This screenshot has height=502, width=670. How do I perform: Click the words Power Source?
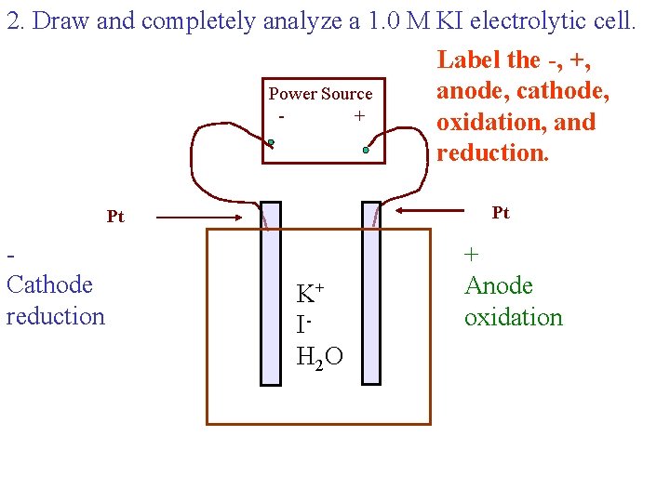pyautogui.click(x=320, y=94)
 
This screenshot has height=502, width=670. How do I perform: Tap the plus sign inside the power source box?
pyautogui.click(x=359, y=116)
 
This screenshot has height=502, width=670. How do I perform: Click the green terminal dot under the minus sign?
pyautogui.click(x=271, y=143)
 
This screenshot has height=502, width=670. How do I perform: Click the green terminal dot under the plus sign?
pyautogui.click(x=367, y=150)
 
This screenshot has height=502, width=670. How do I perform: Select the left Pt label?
pyautogui.click(x=115, y=217)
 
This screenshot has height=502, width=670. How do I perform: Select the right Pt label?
pyautogui.click(x=501, y=213)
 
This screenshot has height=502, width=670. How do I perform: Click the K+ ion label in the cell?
pyautogui.click(x=309, y=294)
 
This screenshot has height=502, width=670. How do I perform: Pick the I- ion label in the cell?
pyautogui.click(x=302, y=324)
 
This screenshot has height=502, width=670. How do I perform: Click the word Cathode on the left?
pyautogui.click(x=49, y=284)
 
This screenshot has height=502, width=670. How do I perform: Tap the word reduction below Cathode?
pyautogui.click(x=55, y=316)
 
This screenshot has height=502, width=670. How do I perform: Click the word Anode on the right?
pyautogui.click(x=498, y=285)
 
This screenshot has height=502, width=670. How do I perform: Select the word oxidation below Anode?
pyautogui.click(x=513, y=317)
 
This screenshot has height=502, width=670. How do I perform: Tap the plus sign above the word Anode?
pyautogui.click(x=472, y=254)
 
